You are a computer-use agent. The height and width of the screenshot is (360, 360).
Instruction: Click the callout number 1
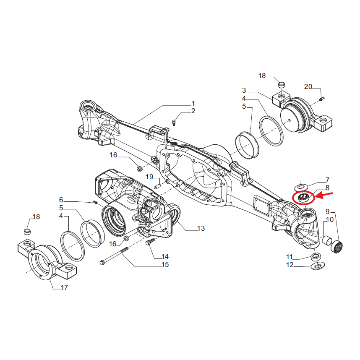tap(193, 103)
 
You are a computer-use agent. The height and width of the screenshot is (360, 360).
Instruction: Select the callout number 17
tap(64, 287)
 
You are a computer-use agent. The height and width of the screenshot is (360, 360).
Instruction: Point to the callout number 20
tap(308, 87)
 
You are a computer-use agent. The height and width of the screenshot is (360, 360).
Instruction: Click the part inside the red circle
tap(303, 198)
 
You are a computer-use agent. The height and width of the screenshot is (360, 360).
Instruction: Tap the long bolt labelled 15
tap(114, 256)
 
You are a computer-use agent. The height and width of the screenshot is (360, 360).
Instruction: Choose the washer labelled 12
tap(318, 265)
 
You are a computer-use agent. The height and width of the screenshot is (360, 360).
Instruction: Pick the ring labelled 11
tap(315, 256)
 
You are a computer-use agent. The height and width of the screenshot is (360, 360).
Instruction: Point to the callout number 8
tap(327, 188)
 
